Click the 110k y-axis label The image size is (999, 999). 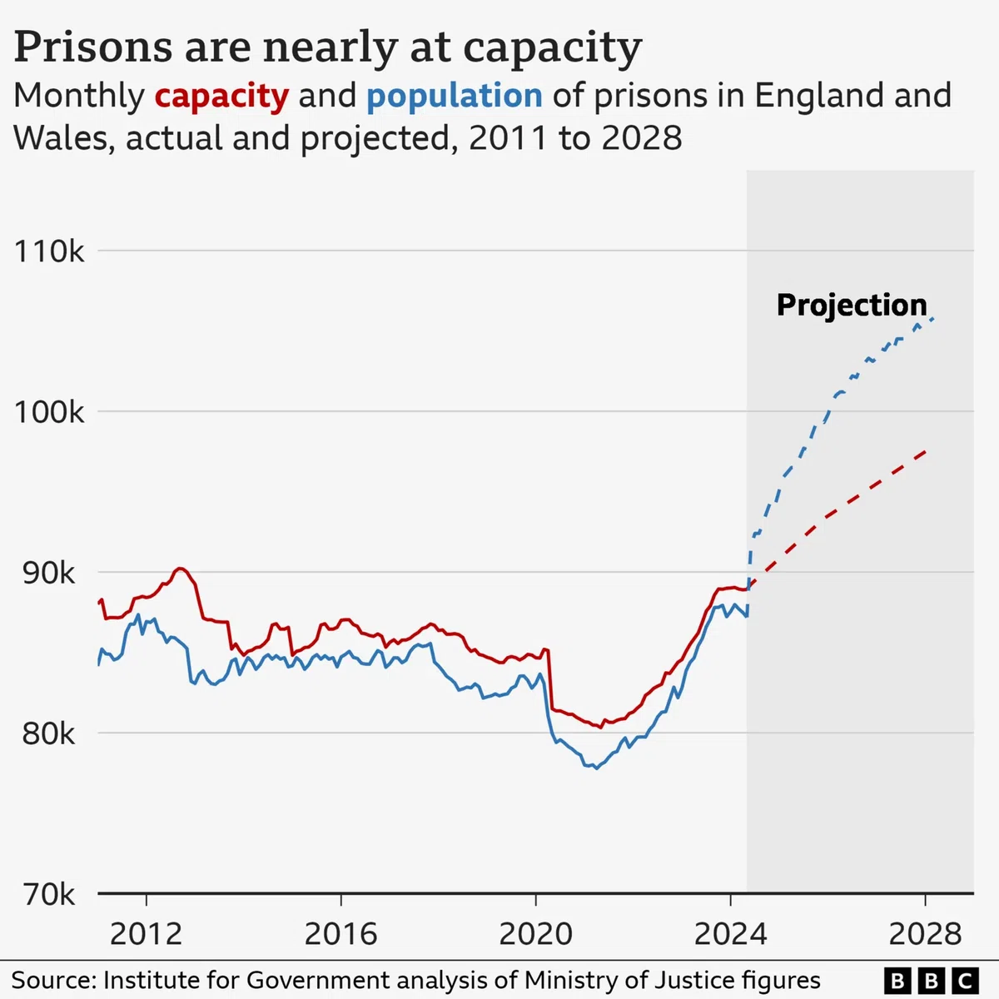tap(49, 251)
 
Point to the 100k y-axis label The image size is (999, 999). tap(49, 413)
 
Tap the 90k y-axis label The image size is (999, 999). tap(49, 574)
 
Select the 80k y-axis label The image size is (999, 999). tap(49, 734)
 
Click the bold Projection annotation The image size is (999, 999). tap(852, 306)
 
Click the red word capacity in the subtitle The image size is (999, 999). tap(222, 97)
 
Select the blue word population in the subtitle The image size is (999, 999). tap(455, 97)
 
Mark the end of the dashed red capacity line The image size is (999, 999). tap(926, 452)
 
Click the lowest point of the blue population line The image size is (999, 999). tap(596, 768)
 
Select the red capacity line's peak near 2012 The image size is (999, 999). tap(179, 569)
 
